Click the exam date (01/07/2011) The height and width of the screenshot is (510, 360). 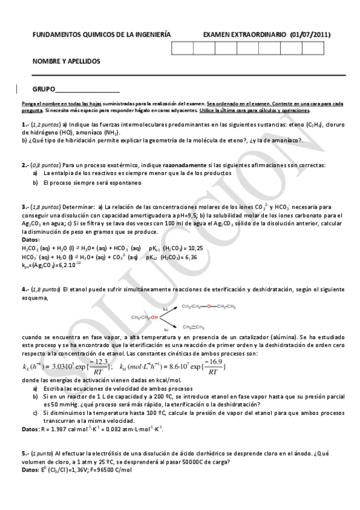click(310, 34)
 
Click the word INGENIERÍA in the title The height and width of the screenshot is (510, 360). click(150, 34)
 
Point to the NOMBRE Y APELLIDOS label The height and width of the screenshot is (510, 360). click(66, 61)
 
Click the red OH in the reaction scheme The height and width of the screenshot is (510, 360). click(154, 316)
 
